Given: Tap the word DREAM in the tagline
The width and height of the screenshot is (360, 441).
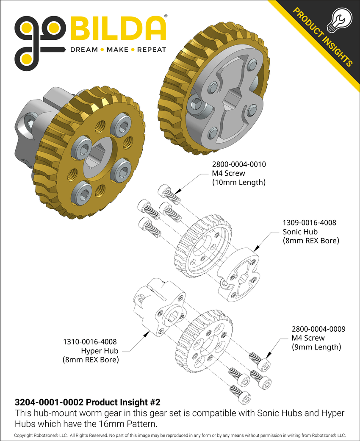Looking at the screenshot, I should (83, 50).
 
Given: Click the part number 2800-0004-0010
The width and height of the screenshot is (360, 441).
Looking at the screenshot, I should (239, 164).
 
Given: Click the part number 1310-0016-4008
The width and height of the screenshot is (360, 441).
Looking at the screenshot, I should (89, 341).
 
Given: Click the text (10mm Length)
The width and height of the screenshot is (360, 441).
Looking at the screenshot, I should (238, 183).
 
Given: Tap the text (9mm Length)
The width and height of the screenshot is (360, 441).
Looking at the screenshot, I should (316, 347).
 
